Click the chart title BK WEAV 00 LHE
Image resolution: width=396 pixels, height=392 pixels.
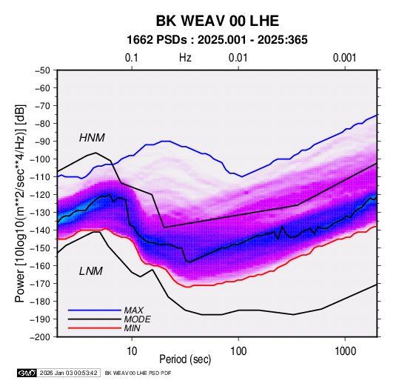pos(217,21)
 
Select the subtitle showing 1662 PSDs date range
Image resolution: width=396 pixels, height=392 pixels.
pos(217,40)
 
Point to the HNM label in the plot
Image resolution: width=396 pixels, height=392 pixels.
pos(92,138)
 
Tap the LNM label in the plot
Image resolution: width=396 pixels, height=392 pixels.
pos(91,271)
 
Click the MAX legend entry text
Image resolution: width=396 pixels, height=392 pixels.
pos(133,310)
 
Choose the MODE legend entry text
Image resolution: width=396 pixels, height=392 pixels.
pos(137,319)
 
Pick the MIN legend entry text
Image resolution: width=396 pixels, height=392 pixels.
pos(132,328)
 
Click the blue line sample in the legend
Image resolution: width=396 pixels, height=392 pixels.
pos(95,310)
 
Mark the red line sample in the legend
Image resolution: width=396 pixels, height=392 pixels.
pos(95,328)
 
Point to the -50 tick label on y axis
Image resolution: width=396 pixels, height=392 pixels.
pos(42,70)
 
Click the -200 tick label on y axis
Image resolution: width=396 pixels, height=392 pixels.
pos(40,337)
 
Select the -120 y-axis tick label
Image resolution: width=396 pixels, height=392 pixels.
pos(40,195)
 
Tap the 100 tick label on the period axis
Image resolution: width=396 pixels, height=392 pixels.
pos(238,351)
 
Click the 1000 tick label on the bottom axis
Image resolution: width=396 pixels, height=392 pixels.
pos(345,351)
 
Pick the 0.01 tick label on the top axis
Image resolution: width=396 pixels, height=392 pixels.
pos(238,58)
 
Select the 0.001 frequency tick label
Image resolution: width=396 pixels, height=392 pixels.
pos(344,58)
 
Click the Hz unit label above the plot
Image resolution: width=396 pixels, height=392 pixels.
pos(185,58)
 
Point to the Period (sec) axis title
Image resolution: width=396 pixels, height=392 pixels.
pos(185,359)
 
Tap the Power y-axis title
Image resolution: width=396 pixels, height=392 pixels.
pos(21,203)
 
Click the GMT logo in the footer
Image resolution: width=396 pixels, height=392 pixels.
pos(27,373)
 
